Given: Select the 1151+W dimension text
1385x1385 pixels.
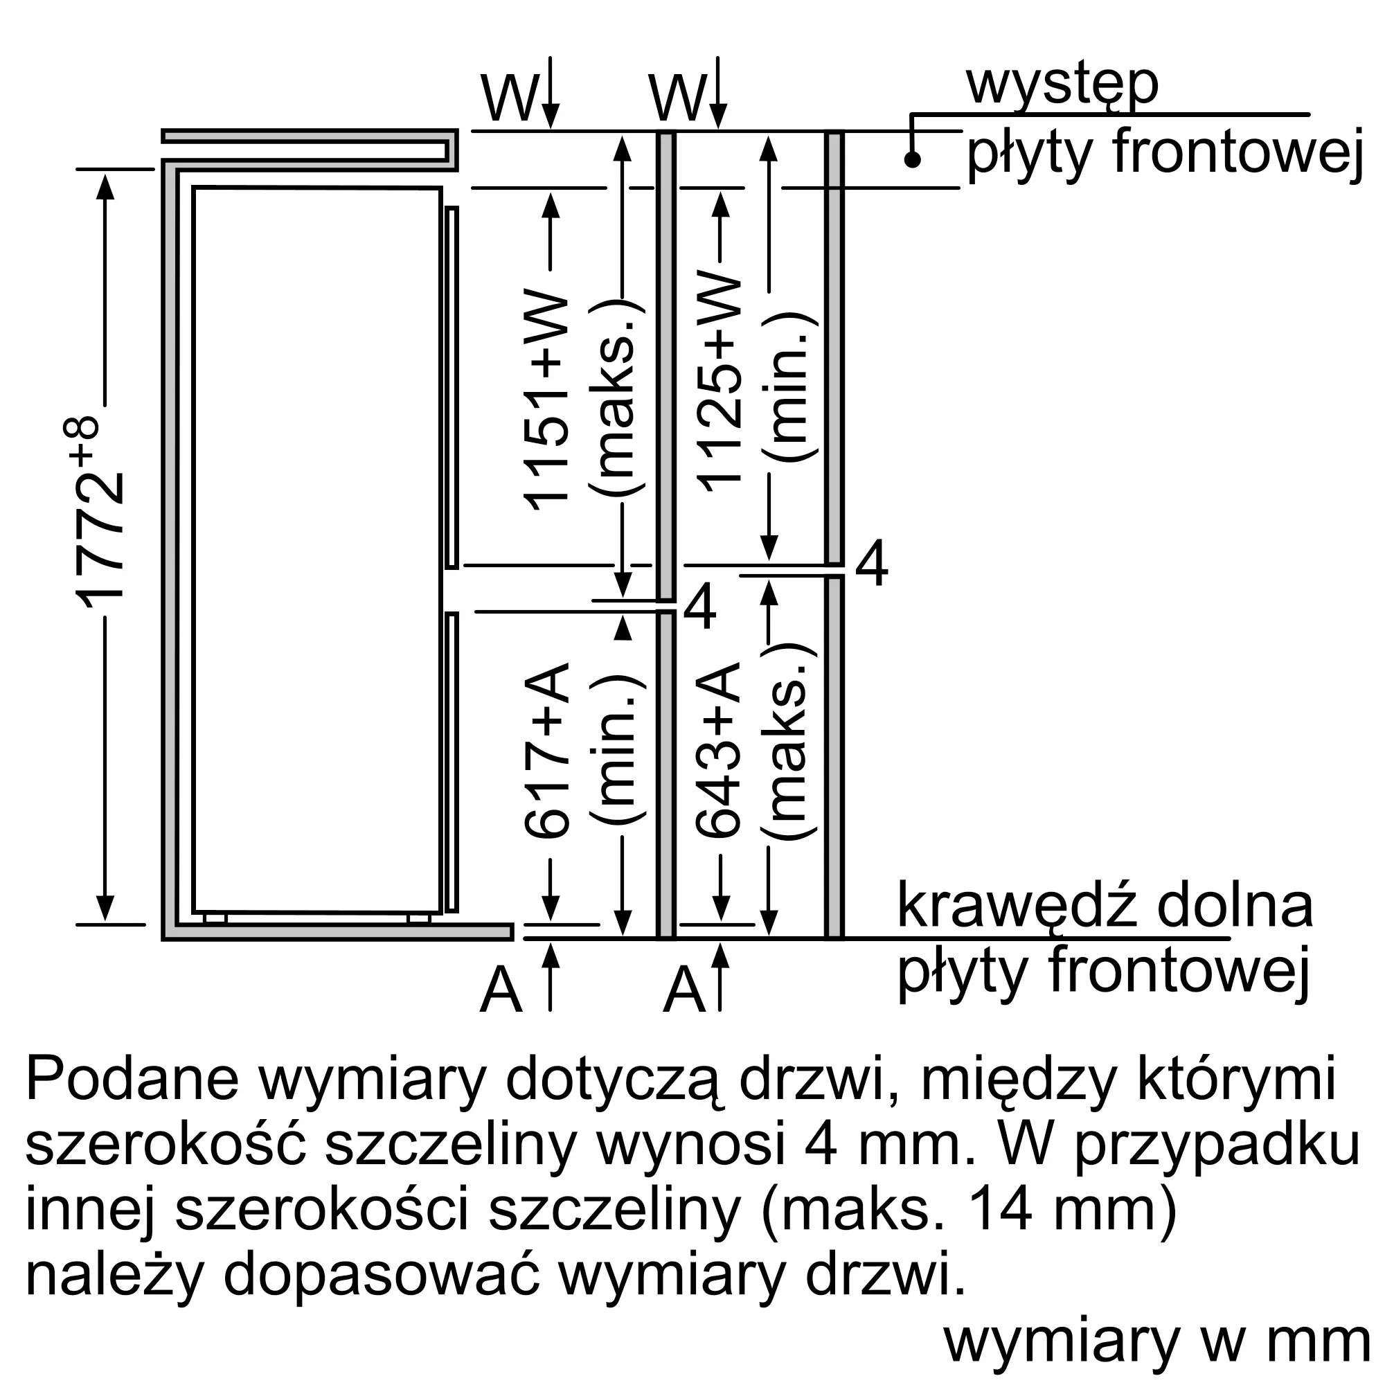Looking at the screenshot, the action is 546,402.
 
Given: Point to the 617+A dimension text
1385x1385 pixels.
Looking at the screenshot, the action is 546,750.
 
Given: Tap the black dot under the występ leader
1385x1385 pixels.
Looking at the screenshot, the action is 912,159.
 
